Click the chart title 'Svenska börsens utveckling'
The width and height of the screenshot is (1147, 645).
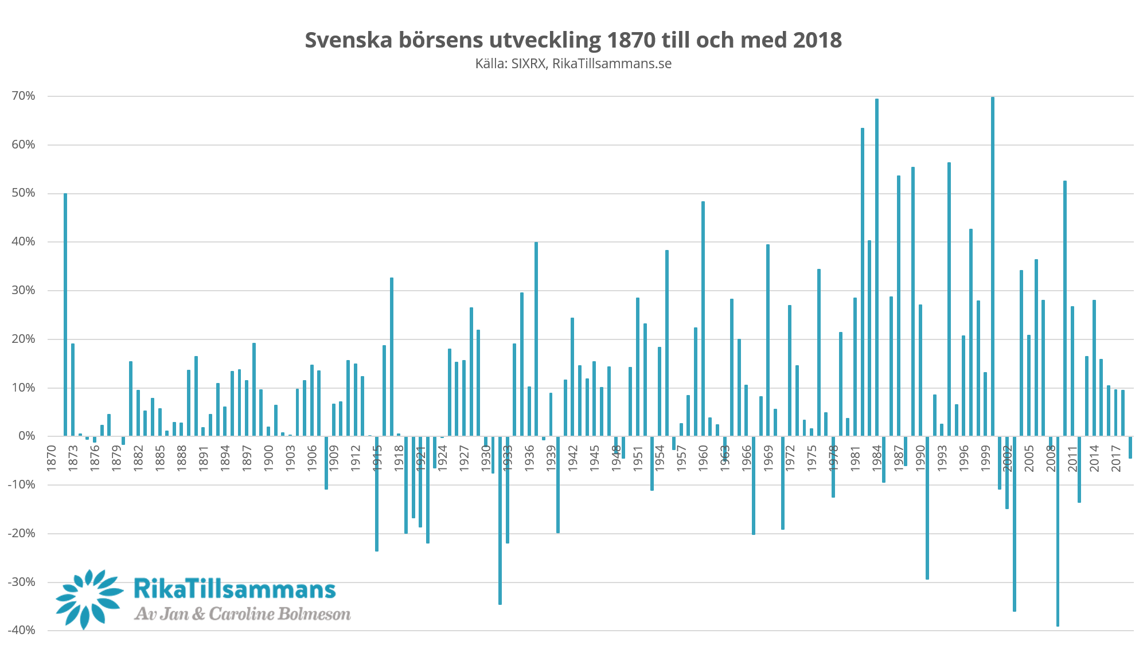pos(573,40)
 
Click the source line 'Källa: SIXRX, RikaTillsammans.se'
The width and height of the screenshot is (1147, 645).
pos(573,64)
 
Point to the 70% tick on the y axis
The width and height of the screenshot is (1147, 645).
pos(24,96)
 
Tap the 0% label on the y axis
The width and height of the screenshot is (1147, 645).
pos(26,436)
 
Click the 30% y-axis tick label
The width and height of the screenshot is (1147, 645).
pos(24,290)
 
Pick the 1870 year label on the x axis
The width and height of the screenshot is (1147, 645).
pos(52,458)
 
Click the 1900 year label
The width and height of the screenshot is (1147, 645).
pos(268,458)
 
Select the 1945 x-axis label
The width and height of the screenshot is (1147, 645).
pos(594,458)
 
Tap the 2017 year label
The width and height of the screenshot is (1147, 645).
pos(1115,458)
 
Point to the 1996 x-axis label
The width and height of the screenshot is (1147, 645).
pos(963,458)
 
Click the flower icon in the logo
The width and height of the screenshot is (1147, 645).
pos(89,599)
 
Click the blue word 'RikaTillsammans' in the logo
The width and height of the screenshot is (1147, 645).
pos(235,589)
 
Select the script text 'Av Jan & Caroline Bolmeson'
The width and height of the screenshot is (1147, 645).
pos(242,614)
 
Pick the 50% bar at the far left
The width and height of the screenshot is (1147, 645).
pos(66,315)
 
